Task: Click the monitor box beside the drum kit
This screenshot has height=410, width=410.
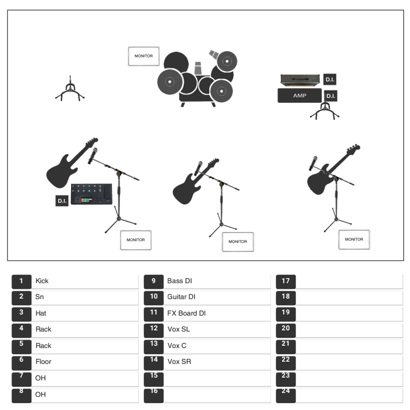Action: pyautogui.click(x=143, y=56)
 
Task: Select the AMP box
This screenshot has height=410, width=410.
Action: pyautogui.click(x=300, y=96)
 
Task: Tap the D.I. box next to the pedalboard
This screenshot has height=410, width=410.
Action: pyautogui.click(x=62, y=201)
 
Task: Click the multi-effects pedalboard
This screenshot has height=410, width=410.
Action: pyautogui.click(x=92, y=194)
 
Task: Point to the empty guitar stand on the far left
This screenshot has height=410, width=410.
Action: pyautogui.click(x=70, y=90)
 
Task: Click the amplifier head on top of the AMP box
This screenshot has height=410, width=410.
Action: pyautogui.click(x=300, y=79)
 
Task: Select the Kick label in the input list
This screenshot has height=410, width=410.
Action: pyautogui.click(x=42, y=281)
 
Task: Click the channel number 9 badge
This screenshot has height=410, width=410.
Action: pyautogui.click(x=154, y=281)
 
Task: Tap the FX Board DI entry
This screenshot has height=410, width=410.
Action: pyautogui.click(x=187, y=313)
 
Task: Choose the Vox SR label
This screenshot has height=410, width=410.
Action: pyautogui.click(x=179, y=362)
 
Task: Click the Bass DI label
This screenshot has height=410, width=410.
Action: pyautogui.click(x=180, y=281)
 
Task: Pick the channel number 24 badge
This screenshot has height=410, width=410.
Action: pyautogui.click(x=285, y=396)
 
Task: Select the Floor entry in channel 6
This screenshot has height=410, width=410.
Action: pyautogui.click(x=43, y=362)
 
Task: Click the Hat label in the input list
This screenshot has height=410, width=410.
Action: pyautogui.click(x=41, y=313)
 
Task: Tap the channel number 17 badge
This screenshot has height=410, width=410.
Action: pyautogui.click(x=285, y=281)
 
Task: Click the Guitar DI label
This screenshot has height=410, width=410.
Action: pyautogui.click(x=181, y=297)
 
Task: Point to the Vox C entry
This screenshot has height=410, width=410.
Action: pyautogui.click(x=177, y=345)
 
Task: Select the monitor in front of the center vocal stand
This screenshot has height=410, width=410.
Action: pyautogui.click(x=238, y=242)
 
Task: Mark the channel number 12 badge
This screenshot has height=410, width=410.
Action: pyautogui.click(x=154, y=330)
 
